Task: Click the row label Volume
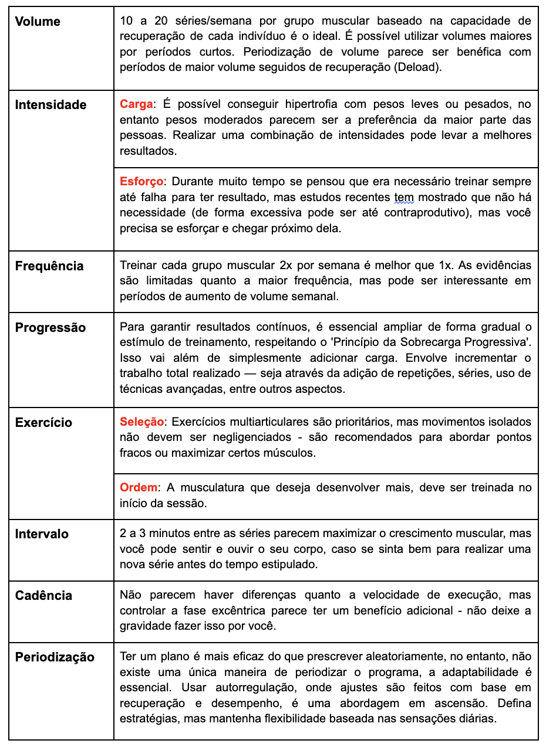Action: (38, 22)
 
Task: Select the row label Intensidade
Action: (50, 105)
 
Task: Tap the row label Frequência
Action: (49, 266)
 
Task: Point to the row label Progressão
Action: (50, 327)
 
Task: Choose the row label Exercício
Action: (43, 423)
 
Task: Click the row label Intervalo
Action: (42, 534)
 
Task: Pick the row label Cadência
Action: (43, 596)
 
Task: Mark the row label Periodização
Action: (55, 657)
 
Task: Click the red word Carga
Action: (136, 104)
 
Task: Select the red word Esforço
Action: (141, 181)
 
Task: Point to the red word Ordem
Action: (139, 487)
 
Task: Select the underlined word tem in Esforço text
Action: (404, 196)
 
